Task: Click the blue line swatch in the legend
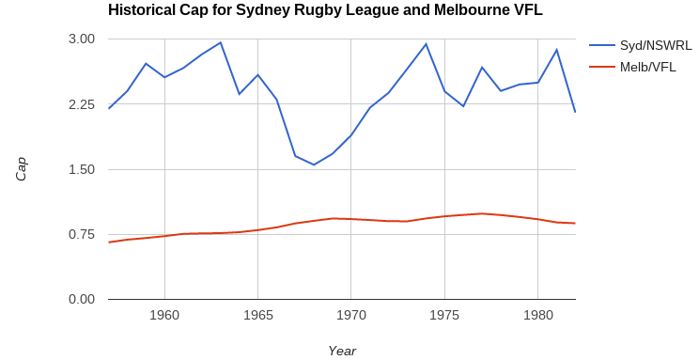pos(601,45)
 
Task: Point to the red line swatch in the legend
pos(601,67)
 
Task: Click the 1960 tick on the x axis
pos(164,315)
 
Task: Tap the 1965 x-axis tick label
pos(257,315)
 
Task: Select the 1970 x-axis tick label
pos(351,315)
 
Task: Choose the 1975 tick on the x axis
pos(444,315)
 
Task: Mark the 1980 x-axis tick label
pos(537,315)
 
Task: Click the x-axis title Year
pos(342,351)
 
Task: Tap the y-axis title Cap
pos(21,169)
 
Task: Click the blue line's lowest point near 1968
pos(314,164)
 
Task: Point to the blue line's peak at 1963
pos(221,42)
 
